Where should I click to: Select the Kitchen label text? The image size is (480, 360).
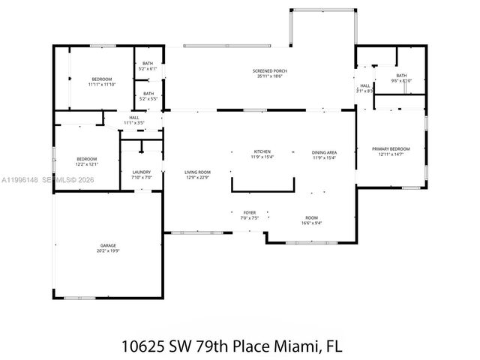pos(262,152)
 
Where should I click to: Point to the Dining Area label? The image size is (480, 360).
pos(324,152)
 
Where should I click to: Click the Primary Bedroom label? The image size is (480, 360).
pos(391,148)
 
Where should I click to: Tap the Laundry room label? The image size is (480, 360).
pos(142,172)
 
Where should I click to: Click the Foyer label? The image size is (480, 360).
pos(249,212)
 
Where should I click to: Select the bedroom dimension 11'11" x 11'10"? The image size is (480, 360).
pos(102,85)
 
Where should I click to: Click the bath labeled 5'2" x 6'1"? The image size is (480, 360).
pos(148,69)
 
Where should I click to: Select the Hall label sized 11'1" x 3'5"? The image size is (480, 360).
pos(134,122)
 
